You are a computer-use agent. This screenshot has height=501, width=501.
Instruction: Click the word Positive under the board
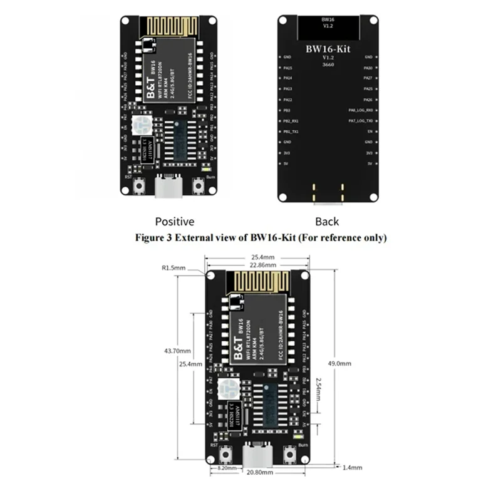tap(174, 221)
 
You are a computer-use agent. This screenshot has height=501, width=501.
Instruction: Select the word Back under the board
tap(327, 221)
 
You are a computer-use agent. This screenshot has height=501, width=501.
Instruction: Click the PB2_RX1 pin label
tap(291, 121)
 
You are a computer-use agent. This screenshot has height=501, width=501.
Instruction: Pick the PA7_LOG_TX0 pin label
tap(361, 121)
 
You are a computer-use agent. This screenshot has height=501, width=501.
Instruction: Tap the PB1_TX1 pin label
tap(291, 132)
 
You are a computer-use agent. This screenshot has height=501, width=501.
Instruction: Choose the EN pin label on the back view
tap(370, 132)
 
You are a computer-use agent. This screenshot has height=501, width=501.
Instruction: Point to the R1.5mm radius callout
tap(174, 267)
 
